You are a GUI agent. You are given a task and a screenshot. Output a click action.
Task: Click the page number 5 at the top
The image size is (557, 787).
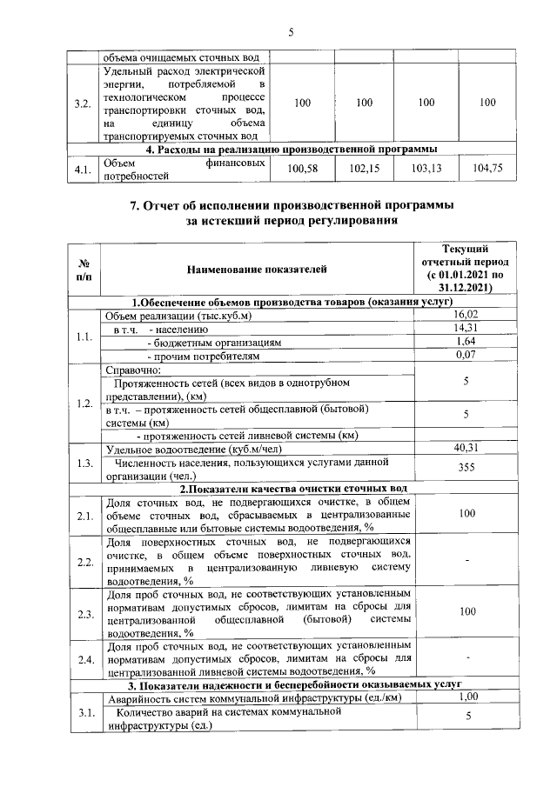291,33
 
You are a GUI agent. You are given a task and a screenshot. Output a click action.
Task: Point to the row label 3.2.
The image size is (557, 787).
84,103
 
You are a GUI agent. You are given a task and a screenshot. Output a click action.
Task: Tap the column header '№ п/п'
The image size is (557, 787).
84,270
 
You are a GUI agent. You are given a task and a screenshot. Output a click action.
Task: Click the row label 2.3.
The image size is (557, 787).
84,614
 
